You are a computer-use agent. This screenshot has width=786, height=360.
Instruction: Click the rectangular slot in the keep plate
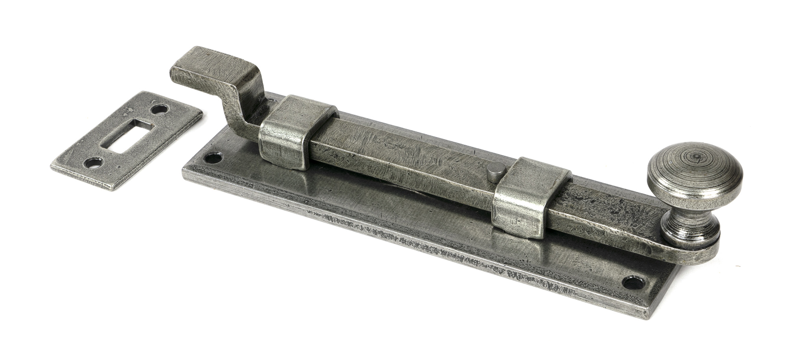(127, 134)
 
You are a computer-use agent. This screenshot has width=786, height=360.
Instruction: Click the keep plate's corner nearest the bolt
(202, 112)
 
